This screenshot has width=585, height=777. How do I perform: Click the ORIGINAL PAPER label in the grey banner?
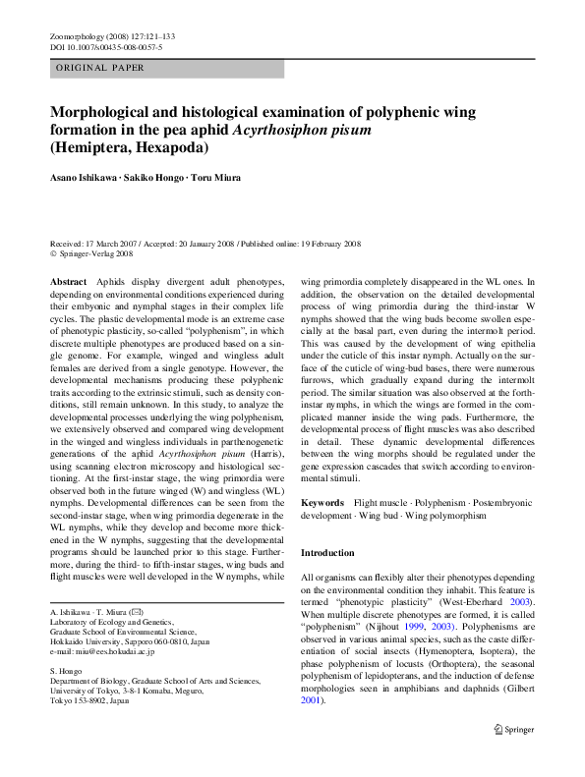(100, 69)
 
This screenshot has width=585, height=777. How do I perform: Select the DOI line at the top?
(105, 46)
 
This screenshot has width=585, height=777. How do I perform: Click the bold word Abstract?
(67, 281)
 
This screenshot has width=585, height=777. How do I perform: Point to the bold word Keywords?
(322, 502)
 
